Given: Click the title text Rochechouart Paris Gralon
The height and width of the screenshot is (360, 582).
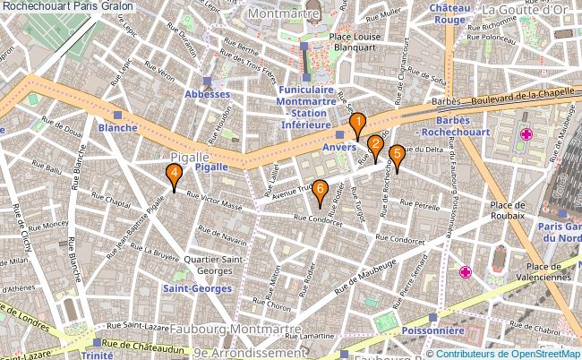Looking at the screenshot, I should pos(69,6).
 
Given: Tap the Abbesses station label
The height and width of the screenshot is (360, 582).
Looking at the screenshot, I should pos(208,94).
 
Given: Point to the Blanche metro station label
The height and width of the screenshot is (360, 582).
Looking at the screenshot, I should pos(118,127).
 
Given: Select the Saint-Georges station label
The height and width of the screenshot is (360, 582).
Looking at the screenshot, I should pos(197,288).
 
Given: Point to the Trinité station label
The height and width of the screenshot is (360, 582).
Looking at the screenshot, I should pos(97,355).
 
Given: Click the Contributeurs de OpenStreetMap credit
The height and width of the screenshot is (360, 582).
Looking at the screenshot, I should pos(509,353).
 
